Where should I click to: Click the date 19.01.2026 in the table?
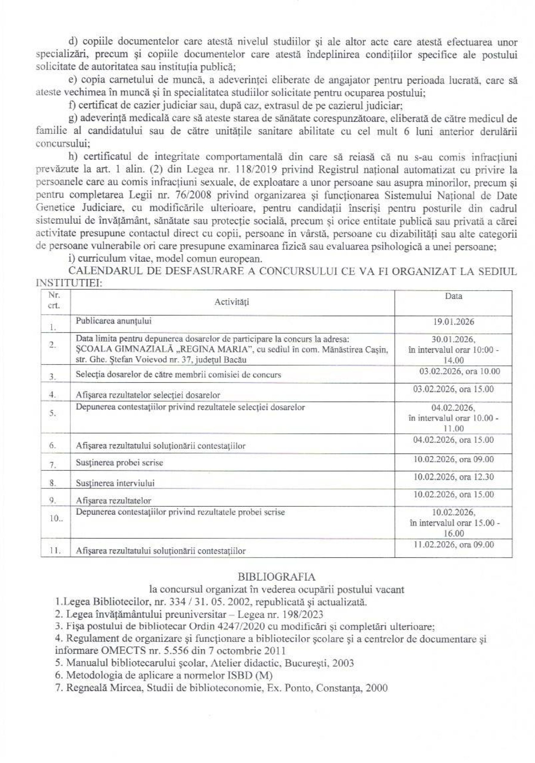pos(454,322)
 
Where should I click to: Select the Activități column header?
pos(232,302)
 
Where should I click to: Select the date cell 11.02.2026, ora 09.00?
pos(454,545)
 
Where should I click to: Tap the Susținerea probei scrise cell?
pos(119,463)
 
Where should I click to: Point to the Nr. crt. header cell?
pos(54,300)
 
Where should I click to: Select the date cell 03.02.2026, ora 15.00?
pos(454,389)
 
